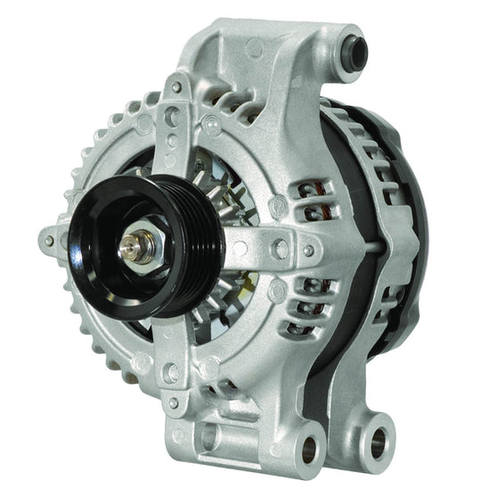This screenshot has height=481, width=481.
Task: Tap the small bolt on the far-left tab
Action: click(x=48, y=240)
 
